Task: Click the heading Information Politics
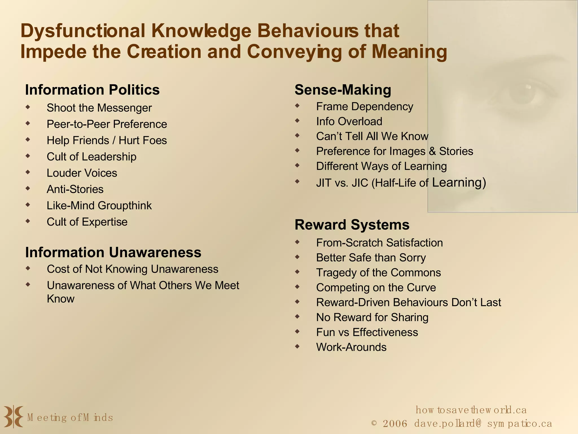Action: (x=92, y=90)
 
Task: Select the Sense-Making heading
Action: (x=343, y=90)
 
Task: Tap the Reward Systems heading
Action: (x=352, y=225)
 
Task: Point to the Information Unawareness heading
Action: (x=113, y=252)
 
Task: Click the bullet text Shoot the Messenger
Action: (x=99, y=108)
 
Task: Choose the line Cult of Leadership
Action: (x=91, y=157)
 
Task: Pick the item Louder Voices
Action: (x=82, y=173)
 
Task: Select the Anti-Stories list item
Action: (x=75, y=189)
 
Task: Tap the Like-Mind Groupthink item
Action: (x=99, y=206)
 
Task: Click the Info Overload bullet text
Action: (x=349, y=121)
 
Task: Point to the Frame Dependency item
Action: (x=364, y=107)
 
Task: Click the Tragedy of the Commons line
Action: (x=378, y=273)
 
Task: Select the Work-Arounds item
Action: (x=351, y=347)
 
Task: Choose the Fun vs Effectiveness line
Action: (x=367, y=332)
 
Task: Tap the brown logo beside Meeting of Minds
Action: (x=13, y=416)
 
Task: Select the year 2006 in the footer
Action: (x=395, y=424)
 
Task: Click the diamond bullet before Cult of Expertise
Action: (x=28, y=221)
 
